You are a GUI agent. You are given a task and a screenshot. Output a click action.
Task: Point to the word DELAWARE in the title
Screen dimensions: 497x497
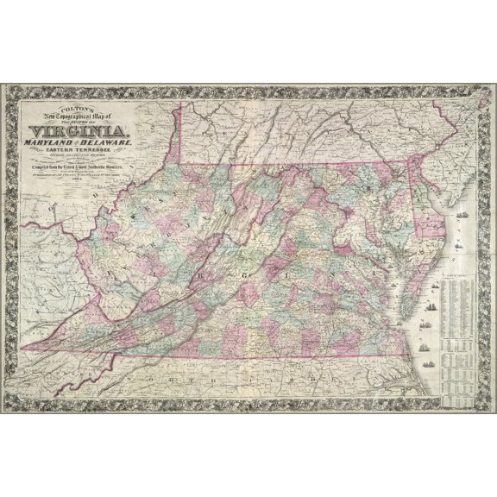click(x=113, y=130)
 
